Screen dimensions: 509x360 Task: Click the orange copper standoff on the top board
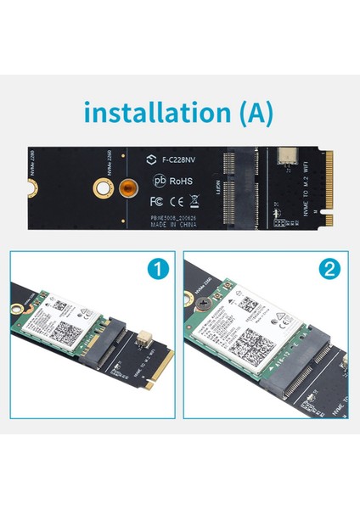127,188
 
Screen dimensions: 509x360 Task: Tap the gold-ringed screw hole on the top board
100,188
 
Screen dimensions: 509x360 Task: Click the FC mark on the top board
155,202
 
